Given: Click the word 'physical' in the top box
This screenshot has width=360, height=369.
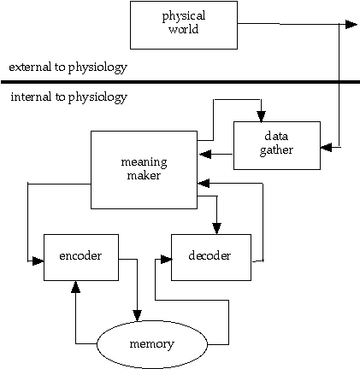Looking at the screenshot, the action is pos(184,17).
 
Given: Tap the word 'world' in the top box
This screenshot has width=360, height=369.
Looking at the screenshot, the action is pos(184,29).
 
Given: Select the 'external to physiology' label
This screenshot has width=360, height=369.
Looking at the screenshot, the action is pos(68,67).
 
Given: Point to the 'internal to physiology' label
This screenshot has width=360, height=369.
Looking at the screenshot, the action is pos(68,97).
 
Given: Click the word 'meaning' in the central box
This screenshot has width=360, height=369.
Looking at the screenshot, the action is pos(144,162).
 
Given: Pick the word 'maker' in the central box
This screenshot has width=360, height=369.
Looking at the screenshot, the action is pos(144,175).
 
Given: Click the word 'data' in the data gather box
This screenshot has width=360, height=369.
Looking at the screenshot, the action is pos(276,136).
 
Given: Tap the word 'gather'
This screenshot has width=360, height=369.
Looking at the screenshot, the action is pos(276,150).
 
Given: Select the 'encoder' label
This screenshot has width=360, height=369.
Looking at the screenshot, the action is pos(80,255).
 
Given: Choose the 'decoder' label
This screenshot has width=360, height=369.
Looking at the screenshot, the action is pos(210,255).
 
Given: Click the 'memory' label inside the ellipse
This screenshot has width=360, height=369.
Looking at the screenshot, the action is pos(151,344).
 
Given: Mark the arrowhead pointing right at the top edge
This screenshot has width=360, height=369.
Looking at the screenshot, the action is pos(351,25).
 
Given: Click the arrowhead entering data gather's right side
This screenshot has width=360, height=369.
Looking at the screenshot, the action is pos(326,148).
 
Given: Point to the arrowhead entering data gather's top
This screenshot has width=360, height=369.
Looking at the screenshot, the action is pos(261,117).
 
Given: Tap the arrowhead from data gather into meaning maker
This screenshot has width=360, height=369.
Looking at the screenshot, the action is pos(205,154).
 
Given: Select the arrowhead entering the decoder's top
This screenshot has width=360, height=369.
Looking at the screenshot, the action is pos(216,228).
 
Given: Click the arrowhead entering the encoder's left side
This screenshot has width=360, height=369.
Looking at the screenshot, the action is pos(38,261).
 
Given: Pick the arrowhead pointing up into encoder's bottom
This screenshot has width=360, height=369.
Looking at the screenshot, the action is pos(75,287).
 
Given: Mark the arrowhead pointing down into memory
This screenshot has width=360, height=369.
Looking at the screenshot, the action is pos(138,315).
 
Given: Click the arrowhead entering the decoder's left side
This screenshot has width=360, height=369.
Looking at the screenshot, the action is pos(166,260).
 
